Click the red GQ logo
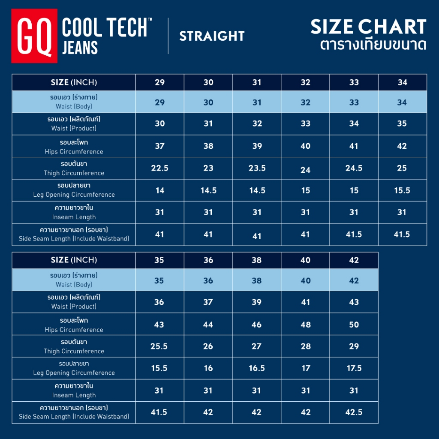click(x=34, y=36)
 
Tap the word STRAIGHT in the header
click(x=212, y=36)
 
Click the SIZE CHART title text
click(x=368, y=27)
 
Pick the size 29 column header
click(x=159, y=82)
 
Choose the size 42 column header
click(x=354, y=260)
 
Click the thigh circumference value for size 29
click(x=159, y=168)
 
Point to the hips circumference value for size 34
click(x=402, y=146)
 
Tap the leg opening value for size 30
click(x=208, y=190)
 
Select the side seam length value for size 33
click(x=354, y=234)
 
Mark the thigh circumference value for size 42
click(x=354, y=346)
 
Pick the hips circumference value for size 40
click(x=305, y=325)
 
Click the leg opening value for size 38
click(x=256, y=368)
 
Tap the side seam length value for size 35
click(x=159, y=412)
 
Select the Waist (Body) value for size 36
click(x=208, y=281)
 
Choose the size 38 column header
click(x=256, y=260)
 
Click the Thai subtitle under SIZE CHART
click(x=373, y=45)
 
